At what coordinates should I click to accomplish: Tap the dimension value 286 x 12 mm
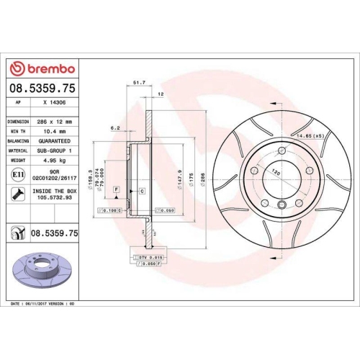pos(54,122)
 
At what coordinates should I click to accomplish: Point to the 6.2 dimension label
pos(114,127)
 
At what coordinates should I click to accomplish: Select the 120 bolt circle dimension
pos(273,173)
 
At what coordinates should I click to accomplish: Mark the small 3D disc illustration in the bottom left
pos(42,269)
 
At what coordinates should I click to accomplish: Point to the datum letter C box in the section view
pos(142,190)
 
